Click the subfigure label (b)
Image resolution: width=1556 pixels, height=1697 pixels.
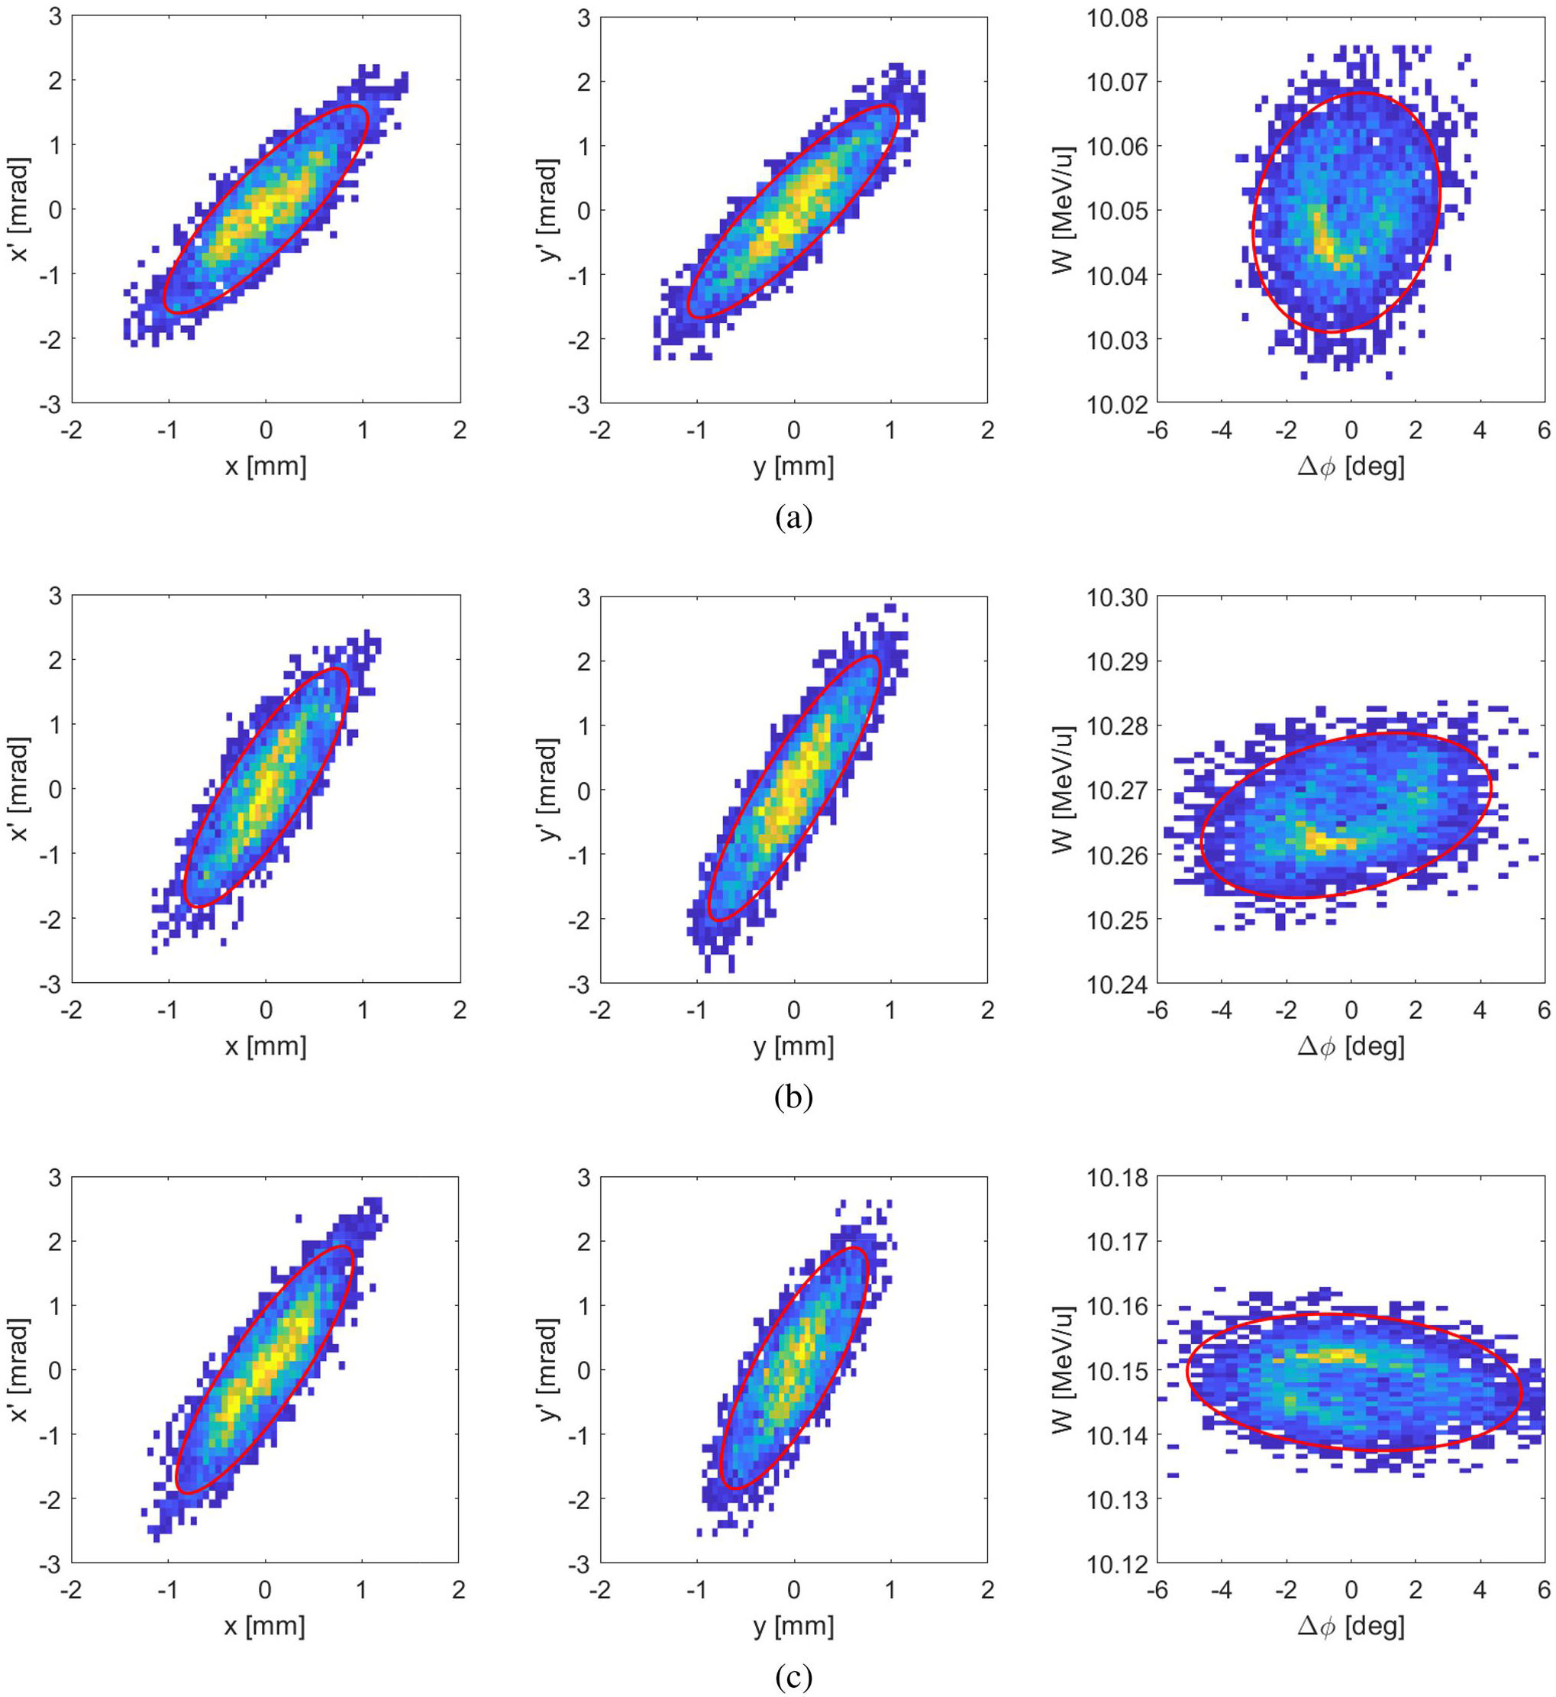click(x=793, y=1097)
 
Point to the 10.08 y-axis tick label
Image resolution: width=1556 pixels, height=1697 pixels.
click(x=1115, y=18)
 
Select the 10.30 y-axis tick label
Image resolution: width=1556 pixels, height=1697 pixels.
click(x=1115, y=597)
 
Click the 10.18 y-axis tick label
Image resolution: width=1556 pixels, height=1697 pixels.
click(x=1115, y=1178)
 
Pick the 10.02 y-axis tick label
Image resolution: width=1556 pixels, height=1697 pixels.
click(x=1115, y=404)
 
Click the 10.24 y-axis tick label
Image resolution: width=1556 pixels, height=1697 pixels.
click(x=1115, y=983)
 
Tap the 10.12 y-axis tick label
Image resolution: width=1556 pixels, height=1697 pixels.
click(x=1115, y=1564)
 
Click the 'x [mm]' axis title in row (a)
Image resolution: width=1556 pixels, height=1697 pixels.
click(x=265, y=466)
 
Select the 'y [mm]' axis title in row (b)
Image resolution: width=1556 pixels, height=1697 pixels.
click(x=793, y=1046)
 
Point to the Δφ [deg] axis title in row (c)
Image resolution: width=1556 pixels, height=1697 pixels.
click(x=1351, y=1626)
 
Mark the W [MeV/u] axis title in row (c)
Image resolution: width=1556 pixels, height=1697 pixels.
click(x=1063, y=1369)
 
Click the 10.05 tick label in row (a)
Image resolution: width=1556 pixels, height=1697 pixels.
click(x=1115, y=211)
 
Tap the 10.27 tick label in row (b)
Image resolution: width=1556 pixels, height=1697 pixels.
click(x=1115, y=790)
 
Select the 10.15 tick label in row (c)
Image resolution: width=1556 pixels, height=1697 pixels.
click(x=1115, y=1371)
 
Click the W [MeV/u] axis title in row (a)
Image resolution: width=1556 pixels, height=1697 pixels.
click(x=1063, y=210)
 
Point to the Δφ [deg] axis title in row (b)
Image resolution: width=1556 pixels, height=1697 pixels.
click(x=1351, y=1046)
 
